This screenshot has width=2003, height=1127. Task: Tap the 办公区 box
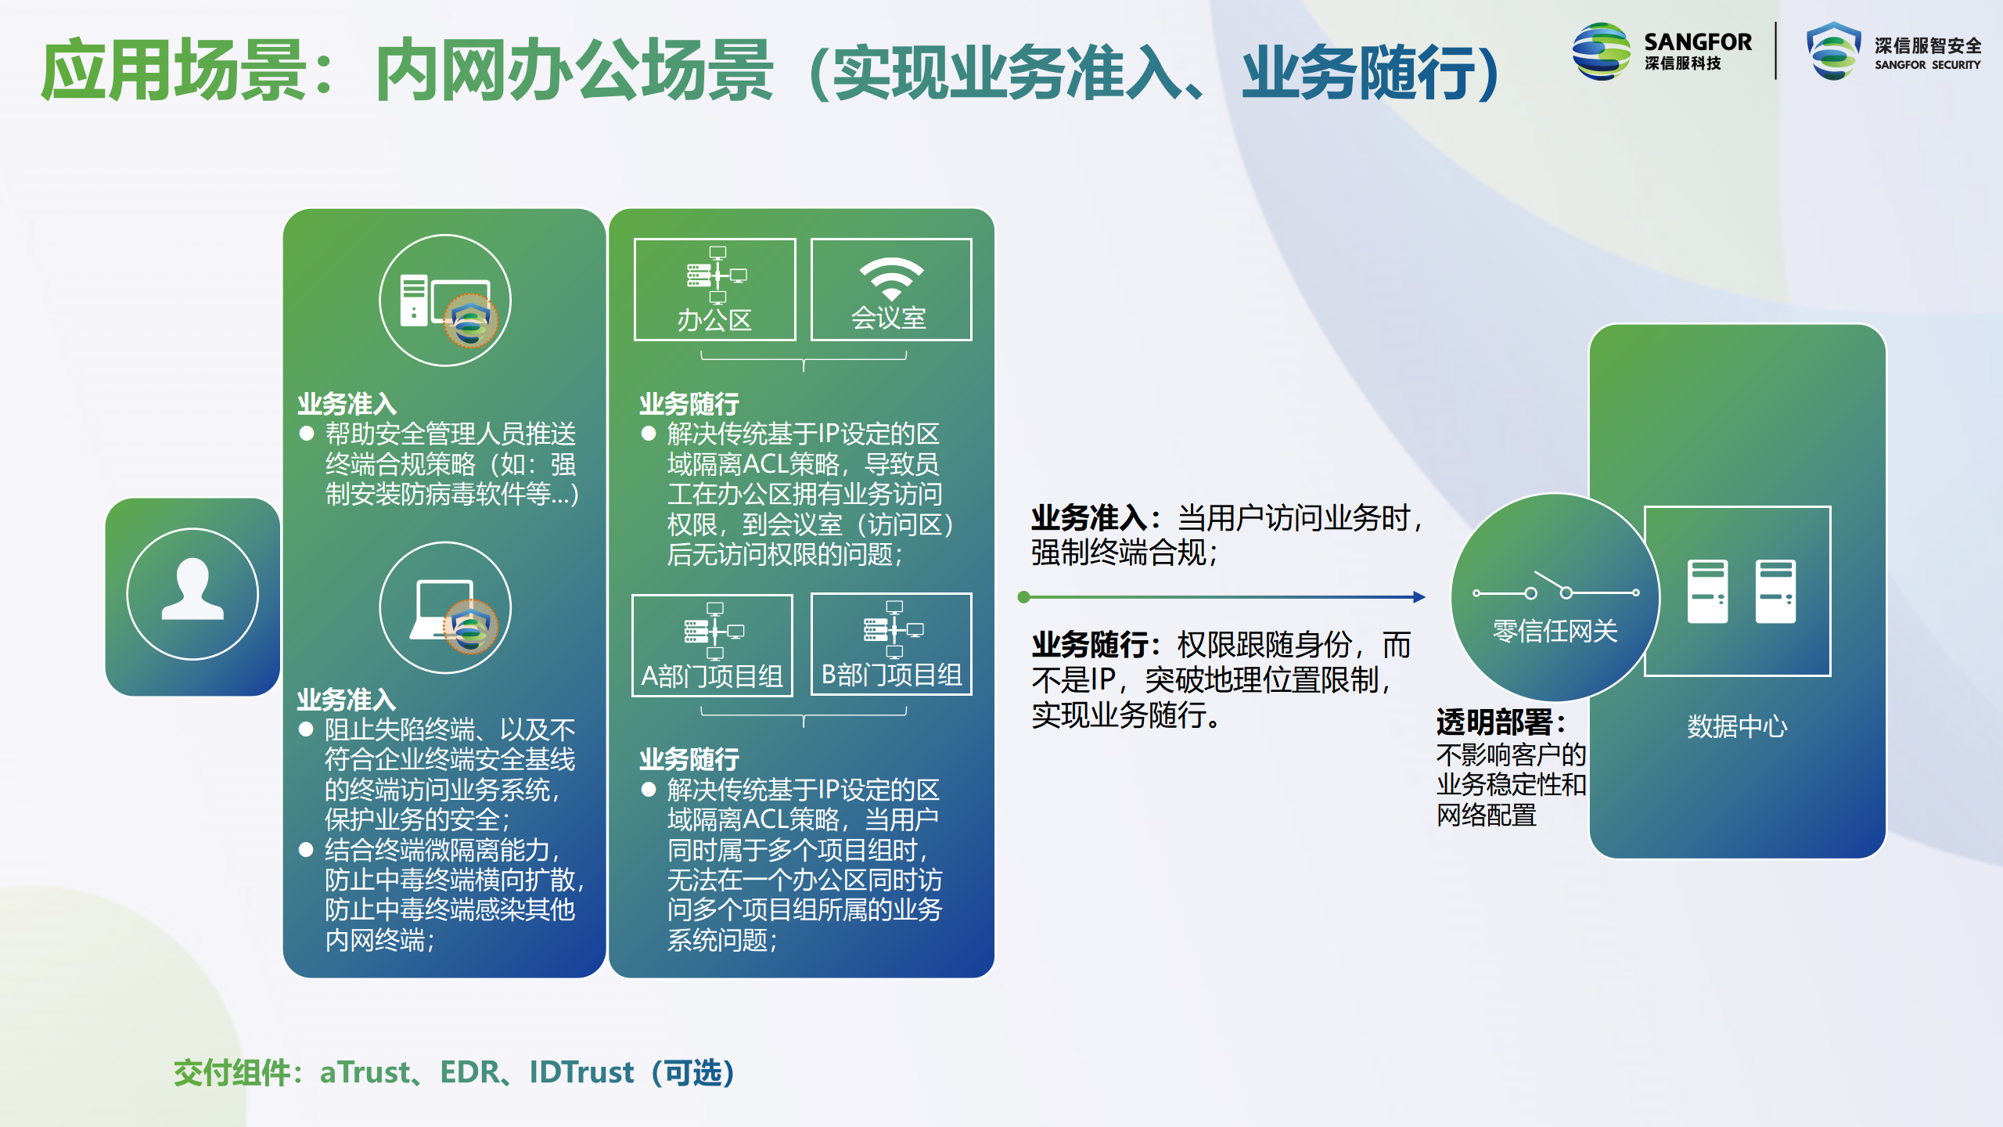point(714,290)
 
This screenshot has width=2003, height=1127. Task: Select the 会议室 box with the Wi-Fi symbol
point(891,290)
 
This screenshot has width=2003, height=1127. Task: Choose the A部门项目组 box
point(712,646)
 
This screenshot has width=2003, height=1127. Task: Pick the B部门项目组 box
point(891,644)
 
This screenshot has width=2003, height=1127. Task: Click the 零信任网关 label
point(1555,631)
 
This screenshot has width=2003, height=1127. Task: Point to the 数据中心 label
point(1737,726)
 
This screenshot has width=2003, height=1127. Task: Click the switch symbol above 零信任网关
point(1555,588)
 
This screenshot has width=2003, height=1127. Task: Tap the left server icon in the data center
point(1707,592)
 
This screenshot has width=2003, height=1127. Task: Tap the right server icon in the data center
point(1775,592)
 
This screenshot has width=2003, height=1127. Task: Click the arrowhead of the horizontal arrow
point(1419,597)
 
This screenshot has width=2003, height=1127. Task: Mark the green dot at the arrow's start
point(1023,597)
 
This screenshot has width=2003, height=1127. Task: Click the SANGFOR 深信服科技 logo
point(1662,51)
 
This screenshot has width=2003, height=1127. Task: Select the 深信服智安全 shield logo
point(1893,51)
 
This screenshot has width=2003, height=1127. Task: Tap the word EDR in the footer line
point(469,1072)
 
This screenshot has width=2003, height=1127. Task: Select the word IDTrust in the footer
point(581,1072)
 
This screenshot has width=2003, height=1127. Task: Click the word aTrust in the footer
point(365,1072)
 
